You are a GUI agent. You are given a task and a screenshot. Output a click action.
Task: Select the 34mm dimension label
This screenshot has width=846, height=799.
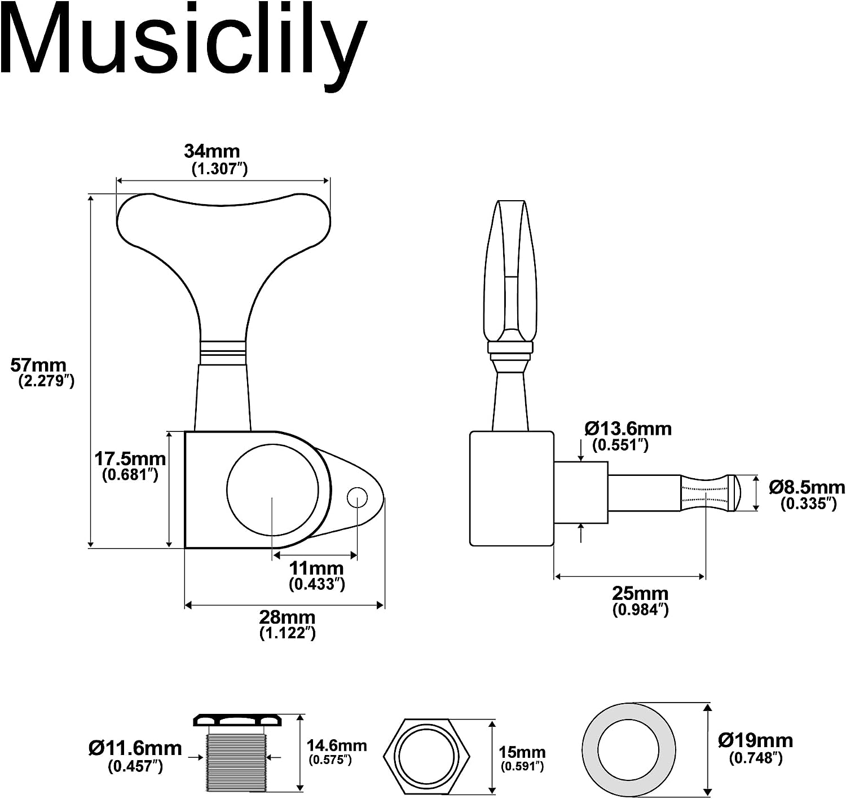coord(212,151)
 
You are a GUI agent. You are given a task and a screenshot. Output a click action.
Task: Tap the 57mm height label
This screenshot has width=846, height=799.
coord(38,365)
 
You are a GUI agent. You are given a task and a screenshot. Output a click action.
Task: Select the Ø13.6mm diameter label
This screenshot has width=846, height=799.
coord(628,429)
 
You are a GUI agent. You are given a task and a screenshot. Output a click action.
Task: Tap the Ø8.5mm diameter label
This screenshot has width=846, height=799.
coord(807,487)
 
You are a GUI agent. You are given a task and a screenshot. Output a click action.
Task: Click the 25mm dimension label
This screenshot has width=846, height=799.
coord(640,593)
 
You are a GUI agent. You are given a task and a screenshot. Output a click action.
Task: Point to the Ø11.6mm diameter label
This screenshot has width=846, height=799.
coord(135,748)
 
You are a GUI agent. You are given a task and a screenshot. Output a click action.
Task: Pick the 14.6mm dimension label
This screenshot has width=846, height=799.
coord(336,745)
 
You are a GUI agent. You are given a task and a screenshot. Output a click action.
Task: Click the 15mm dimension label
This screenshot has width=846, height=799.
coord(522,752)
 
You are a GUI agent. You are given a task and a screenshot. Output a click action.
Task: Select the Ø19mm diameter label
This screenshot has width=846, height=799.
coord(755,740)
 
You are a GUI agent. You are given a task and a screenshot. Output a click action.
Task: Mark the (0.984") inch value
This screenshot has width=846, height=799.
coord(640,610)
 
